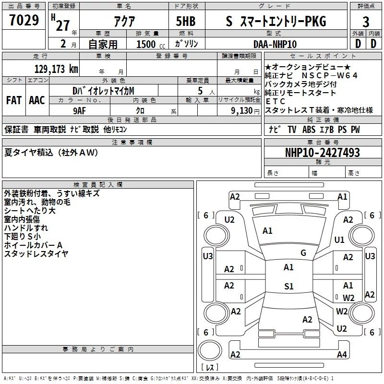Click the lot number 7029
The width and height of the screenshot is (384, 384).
point(24,21)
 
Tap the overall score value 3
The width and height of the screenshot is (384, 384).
point(366,22)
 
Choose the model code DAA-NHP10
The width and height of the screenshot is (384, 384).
point(276,44)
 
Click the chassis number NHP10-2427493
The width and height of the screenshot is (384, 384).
point(322,153)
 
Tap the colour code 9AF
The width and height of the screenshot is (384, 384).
point(79,109)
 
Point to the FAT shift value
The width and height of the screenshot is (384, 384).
point(14,100)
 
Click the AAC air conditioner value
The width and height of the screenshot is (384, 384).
point(36,100)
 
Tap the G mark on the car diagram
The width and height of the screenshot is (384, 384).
point(303,253)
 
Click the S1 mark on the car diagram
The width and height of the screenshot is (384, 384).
point(288,287)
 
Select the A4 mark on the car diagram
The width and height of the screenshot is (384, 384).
point(341,355)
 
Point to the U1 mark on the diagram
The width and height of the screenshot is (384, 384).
point(339,240)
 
